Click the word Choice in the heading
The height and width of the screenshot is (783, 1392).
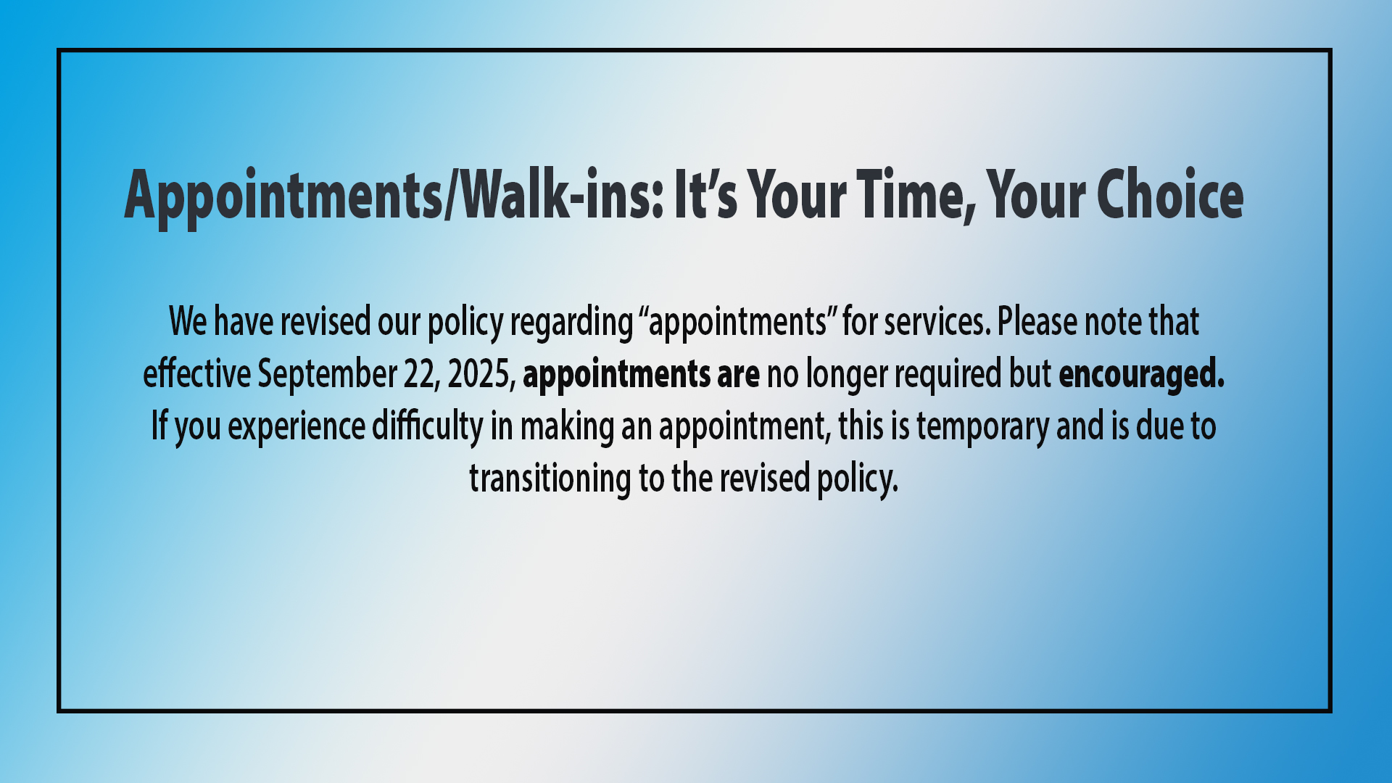tap(1170, 194)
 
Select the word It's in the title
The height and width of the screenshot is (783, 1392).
tap(705, 194)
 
